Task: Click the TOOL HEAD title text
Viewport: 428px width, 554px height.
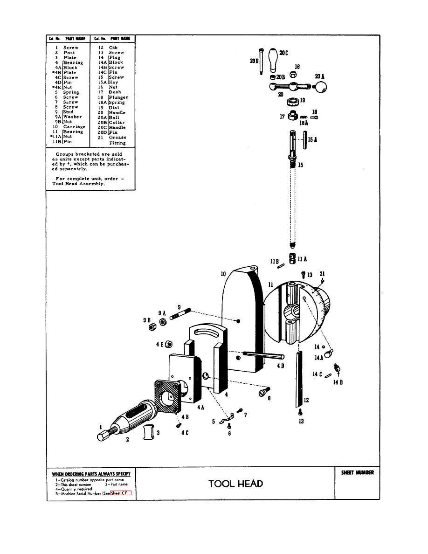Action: [x=235, y=484]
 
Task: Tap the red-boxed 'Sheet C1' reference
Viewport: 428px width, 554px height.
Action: [x=121, y=493]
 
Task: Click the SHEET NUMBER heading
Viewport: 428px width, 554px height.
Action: [x=357, y=473]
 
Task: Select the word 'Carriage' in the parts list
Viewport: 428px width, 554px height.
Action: [x=74, y=127]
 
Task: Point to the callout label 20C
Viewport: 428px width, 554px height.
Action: [x=283, y=53]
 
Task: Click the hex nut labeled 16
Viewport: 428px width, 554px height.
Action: [x=293, y=74]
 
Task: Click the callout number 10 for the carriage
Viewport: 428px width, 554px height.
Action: [x=223, y=274]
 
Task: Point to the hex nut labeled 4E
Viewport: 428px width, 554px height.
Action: [x=169, y=344]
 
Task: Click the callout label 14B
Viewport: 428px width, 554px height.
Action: [x=338, y=382]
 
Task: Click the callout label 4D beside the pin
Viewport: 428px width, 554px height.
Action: [x=280, y=366]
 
